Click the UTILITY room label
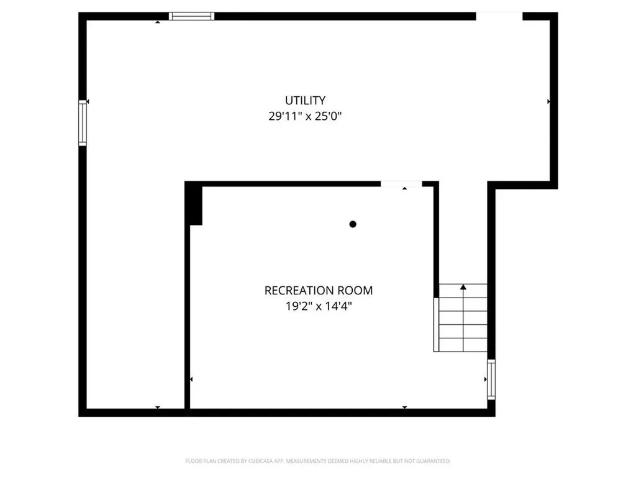[305, 100]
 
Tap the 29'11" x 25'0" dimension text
[305, 116]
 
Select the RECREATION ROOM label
[319, 290]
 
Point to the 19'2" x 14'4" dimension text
[319, 306]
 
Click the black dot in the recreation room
[353, 224]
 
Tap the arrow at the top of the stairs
[463, 287]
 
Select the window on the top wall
[192, 16]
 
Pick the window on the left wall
[82, 123]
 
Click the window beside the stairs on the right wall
[491, 379]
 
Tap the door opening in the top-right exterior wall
[499, 16]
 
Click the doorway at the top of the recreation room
[401, 184]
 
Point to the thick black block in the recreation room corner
[195, 204]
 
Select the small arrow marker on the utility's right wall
[548, 101]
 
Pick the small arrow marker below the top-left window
[158, 22]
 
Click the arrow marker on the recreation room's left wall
[191, 379]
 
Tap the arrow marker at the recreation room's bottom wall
[404, 407]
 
